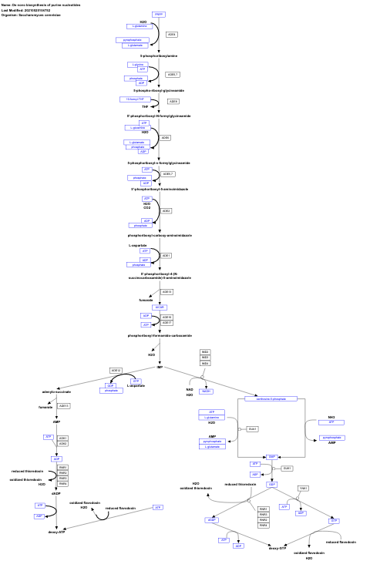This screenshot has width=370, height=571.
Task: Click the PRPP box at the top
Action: [x=160, y=15]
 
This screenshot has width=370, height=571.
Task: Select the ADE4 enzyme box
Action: [x=172, y=35]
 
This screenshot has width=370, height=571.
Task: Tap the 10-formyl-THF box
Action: [x=136, y=99]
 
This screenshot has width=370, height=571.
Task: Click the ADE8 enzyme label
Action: [x=173, y=101]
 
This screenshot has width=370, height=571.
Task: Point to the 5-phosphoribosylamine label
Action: [x=158, y=55]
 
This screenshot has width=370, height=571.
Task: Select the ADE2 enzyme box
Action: [x=166, y=210]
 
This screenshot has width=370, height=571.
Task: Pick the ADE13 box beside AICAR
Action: [x=166, y=292]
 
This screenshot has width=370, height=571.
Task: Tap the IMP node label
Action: [x=160, y=368]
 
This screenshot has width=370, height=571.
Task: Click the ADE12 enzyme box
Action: [x=116, y=371]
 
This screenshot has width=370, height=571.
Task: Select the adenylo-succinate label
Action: [x=56, y=393]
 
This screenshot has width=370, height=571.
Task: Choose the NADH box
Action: [x=206, y=391]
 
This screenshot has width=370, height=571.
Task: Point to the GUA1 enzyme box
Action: [x=251, y=428]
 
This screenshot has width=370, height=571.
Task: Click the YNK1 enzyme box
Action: [x=303, y=489]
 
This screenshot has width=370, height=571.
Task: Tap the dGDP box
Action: [x=211, y=520]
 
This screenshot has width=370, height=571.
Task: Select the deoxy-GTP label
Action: [x=277, y=549]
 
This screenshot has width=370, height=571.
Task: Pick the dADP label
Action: [x=56, y=493]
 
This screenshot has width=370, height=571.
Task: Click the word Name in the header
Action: [x=6, y=4]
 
